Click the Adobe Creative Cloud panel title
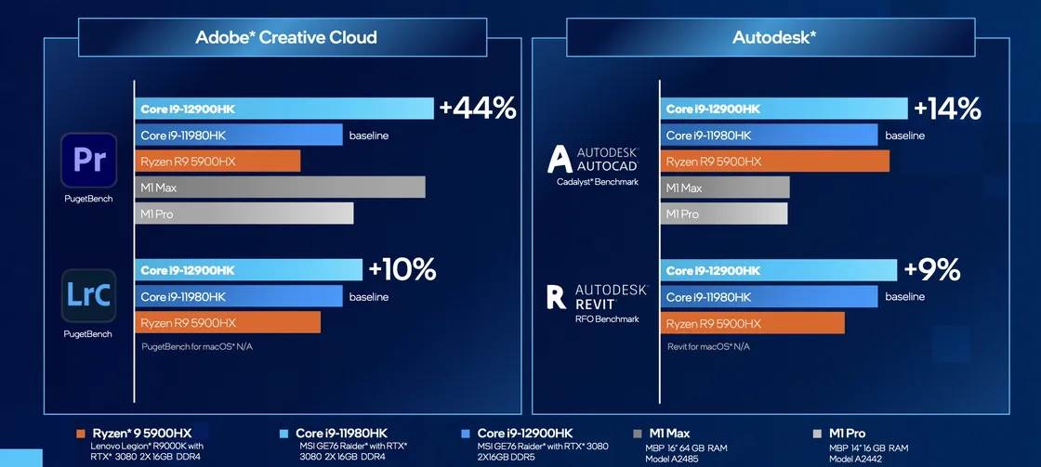[286, 38]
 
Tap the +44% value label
[477, 109]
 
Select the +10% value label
[402, 269]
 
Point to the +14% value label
[946, 109]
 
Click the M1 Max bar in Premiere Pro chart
[280, 188]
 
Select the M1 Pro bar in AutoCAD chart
[724, 214]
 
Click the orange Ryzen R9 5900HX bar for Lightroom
[228, 323]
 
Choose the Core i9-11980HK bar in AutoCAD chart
[769, 136]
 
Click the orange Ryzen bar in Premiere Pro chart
[217, 162]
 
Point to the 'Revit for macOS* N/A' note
[708, 346]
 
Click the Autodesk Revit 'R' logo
[557, 296]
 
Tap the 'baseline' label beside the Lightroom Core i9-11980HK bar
[369, 297]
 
